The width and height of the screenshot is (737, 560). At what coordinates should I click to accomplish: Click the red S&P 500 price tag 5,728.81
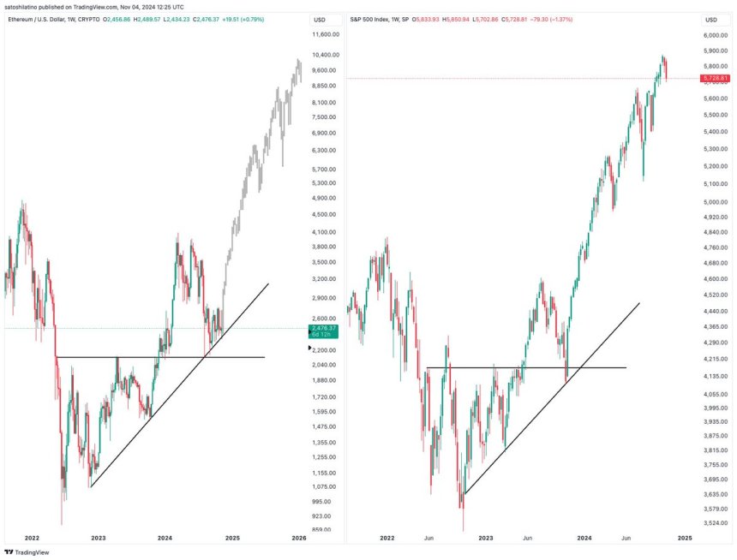[x=715, y=78]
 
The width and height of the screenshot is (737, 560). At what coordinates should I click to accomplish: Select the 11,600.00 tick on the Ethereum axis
[x=326, y=34]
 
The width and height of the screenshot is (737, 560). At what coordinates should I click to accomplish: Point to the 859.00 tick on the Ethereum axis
[x=322, y=530]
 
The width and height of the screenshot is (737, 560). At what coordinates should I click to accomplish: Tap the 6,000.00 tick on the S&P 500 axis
[x=715, y=35]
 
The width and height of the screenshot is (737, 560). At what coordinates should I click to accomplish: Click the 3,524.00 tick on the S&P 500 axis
[x=715, y=522]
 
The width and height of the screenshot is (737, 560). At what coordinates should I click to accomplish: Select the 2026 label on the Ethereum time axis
[x=298, y=538]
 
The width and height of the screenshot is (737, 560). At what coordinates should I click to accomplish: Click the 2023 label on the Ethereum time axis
[x=99, y=538]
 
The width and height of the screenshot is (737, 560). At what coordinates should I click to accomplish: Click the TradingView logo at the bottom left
[x=27, y=551]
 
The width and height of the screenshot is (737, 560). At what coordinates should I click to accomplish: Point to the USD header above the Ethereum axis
[x=319, y=19]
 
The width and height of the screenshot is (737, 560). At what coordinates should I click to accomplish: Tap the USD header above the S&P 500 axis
[x=711, y=19]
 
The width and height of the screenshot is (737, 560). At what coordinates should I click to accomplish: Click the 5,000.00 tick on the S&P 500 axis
[x=715, y=202]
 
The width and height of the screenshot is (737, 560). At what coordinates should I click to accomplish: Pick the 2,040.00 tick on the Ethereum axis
[x=326, y=365]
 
